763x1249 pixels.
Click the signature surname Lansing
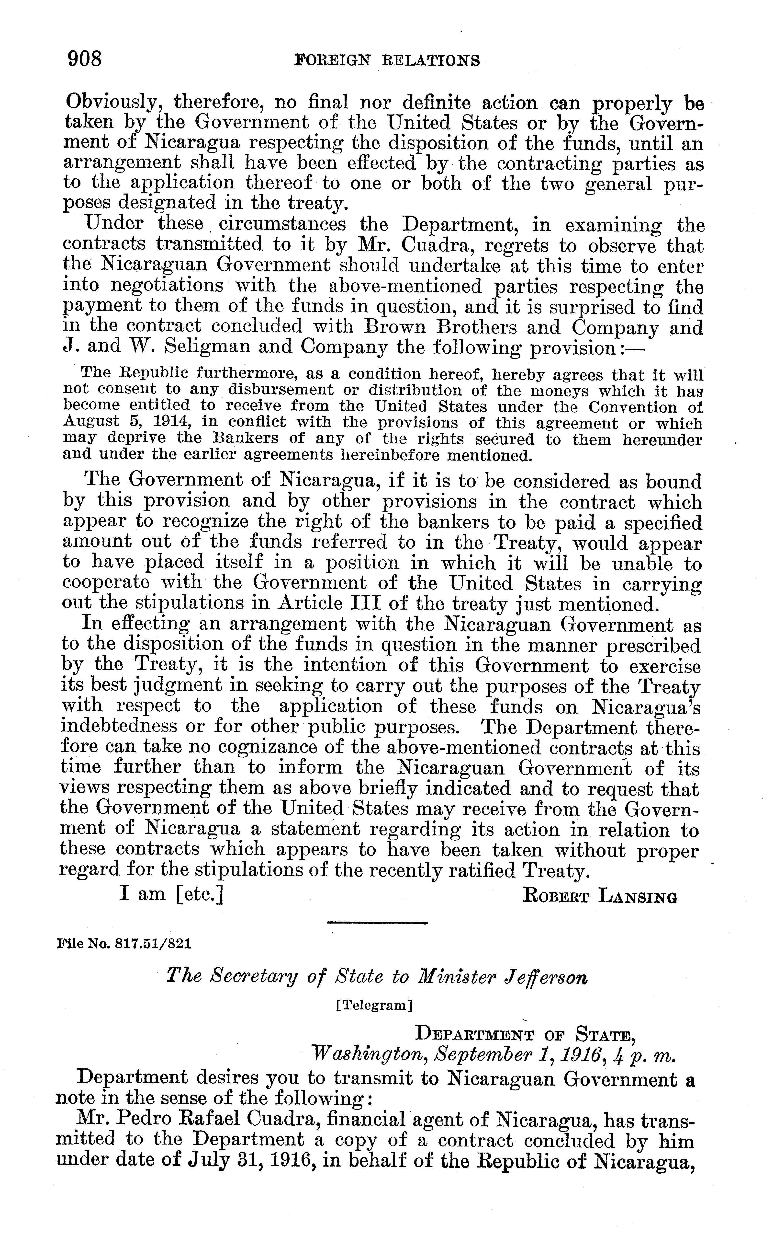click(637, 895)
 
